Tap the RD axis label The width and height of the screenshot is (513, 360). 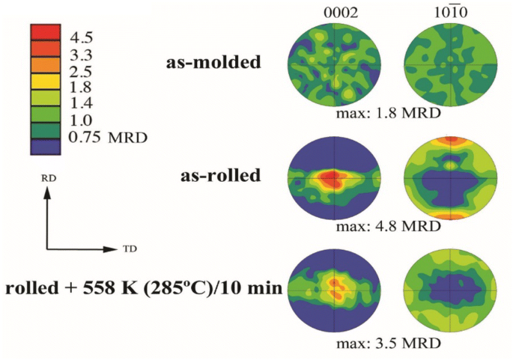click(x=46, y=180)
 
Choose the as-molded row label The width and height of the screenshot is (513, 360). click(x=213, y=63)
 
